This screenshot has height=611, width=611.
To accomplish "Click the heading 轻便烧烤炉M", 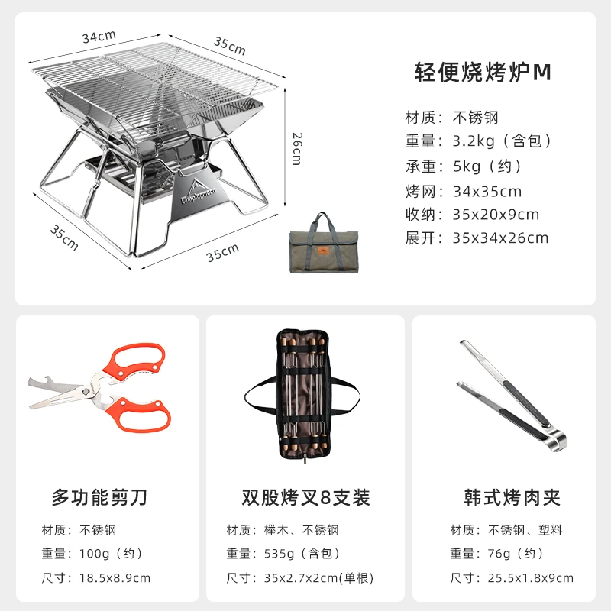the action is pyautogui.click(x=483, y=72).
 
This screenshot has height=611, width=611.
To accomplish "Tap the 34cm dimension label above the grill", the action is pyautogui.click(x=99, y=37).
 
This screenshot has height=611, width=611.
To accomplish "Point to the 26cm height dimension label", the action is pyautogui.click(x=297, y=149).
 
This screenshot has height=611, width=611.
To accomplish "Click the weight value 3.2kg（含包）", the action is pyautogui.click(x=503, y=141).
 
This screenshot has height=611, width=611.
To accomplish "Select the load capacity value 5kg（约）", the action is pyautogui.click(x=487, y=166).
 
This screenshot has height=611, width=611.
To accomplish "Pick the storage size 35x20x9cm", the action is pyautogui.click(x=496, y=215).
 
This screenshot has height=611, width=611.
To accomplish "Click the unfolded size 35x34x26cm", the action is pyautogui.click(x=500, y=238).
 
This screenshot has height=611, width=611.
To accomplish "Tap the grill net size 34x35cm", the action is pyautogui.click(x=487, y=192).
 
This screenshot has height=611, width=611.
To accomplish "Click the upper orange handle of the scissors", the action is pyautogui.click(x=134, y=361).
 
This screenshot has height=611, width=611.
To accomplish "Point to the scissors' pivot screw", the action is pyautogui.click(x=86, y=390).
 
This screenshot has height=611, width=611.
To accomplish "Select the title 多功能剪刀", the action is pyautogui.click(x=100, y=497).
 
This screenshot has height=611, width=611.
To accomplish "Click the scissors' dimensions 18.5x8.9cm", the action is pyautogui.click(x=115, y=578).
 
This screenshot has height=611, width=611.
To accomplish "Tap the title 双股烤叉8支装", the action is pyautogui.click(x=305, y=497).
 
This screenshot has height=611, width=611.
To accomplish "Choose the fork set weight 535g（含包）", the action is pyautogui.click(x=302, y=554).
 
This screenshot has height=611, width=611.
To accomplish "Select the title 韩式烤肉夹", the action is pyautogui.click(x=512, y=497).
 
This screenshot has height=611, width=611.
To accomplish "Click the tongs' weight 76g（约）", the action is pyautogui.click(x=516, y=554).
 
